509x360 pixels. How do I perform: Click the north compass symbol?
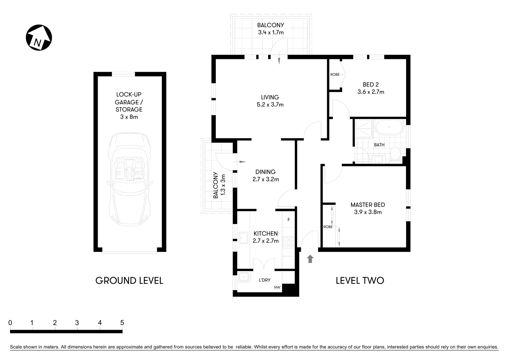(x=39, y=38)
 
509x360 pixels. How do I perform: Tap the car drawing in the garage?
(x=130, y=179)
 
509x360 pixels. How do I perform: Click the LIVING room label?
(x=270, y=97)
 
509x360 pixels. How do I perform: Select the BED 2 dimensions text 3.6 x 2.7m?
(x=371, y=92)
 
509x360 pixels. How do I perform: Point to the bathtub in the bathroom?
(x=389, y=127)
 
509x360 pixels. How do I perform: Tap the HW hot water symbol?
(x=277, y=287)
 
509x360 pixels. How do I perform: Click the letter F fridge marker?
(x=288, y=220)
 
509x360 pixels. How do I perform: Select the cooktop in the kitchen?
(x=288, y=242)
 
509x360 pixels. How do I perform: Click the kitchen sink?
(x=244, y=238)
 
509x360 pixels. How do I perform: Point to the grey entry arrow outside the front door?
(x=310, y=259)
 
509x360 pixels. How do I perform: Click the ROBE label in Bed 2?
(x=335, y=74)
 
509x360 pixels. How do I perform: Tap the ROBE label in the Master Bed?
(x=328, y=227)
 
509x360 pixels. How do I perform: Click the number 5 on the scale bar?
(x=122, y=323)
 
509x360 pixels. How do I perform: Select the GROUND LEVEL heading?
(x=129, y=280)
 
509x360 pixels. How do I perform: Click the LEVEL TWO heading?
(x=360, y=280)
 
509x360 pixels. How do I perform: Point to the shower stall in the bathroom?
(x=364, y=129)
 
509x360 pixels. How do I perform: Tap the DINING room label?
(x=265, y=172)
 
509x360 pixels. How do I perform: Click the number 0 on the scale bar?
(x=10, y=323)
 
